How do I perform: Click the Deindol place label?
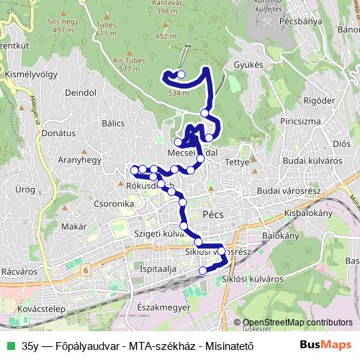click(x=80, y=93)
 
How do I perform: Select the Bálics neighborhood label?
click(x=113, y=123)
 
